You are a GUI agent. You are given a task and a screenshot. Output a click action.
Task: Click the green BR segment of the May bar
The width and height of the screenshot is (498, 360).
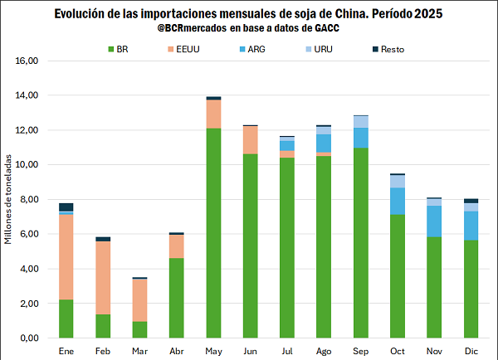[x=213, y=233]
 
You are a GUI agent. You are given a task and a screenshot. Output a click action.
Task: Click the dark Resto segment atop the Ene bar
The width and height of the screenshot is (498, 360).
[x=66, y=207]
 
